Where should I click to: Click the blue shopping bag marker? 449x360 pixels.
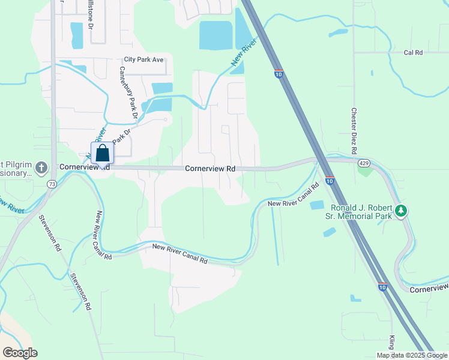[x=102, y=152]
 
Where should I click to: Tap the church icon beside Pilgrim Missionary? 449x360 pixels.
[x=41, y=166]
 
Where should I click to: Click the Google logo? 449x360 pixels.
[x=20, y=353]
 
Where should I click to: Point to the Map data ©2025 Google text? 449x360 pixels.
[x=412, y=355]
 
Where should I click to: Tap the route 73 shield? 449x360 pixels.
[x=53, y=185]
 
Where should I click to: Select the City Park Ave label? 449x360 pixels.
[x=143, y=59]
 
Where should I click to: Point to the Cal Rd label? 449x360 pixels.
[x=413, y=53]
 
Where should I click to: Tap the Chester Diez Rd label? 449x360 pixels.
[x=354, y=130]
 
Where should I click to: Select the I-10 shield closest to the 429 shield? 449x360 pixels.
[x=330, y=181]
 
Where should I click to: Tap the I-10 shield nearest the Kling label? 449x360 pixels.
[x=382, y=287]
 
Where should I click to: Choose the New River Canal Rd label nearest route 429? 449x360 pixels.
[x=293, y=197]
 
